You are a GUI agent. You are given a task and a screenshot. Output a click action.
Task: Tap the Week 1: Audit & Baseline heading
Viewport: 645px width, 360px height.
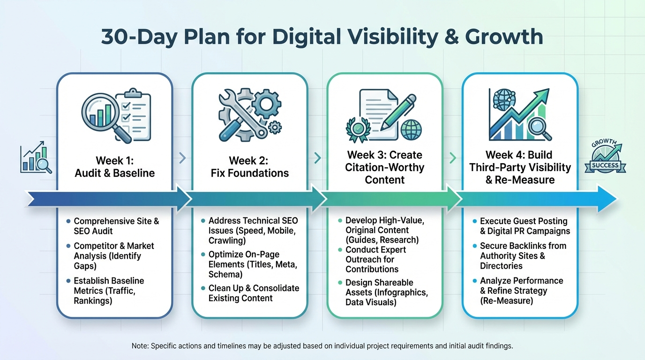115,167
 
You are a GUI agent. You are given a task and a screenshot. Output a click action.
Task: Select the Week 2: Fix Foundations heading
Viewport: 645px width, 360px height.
249,167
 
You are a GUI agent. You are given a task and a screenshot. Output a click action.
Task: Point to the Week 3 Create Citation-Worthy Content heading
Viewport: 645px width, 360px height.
384,167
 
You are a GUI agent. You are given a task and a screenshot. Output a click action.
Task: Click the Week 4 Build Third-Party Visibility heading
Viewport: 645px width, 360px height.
519,167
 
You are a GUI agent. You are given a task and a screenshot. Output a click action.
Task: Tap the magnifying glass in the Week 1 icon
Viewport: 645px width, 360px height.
101,115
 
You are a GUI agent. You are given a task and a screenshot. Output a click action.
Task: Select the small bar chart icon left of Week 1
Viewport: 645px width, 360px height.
36,159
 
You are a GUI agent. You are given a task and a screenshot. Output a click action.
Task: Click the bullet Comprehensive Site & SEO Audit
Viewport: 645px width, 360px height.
116,226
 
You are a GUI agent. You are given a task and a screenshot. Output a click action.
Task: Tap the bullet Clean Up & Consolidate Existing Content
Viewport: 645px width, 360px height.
253,293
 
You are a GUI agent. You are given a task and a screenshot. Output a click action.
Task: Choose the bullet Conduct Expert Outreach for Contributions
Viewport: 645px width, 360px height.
375,259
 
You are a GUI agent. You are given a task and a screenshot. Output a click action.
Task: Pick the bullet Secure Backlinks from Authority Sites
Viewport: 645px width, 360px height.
523,255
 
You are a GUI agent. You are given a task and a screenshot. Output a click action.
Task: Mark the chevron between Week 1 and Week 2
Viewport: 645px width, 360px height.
182,158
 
